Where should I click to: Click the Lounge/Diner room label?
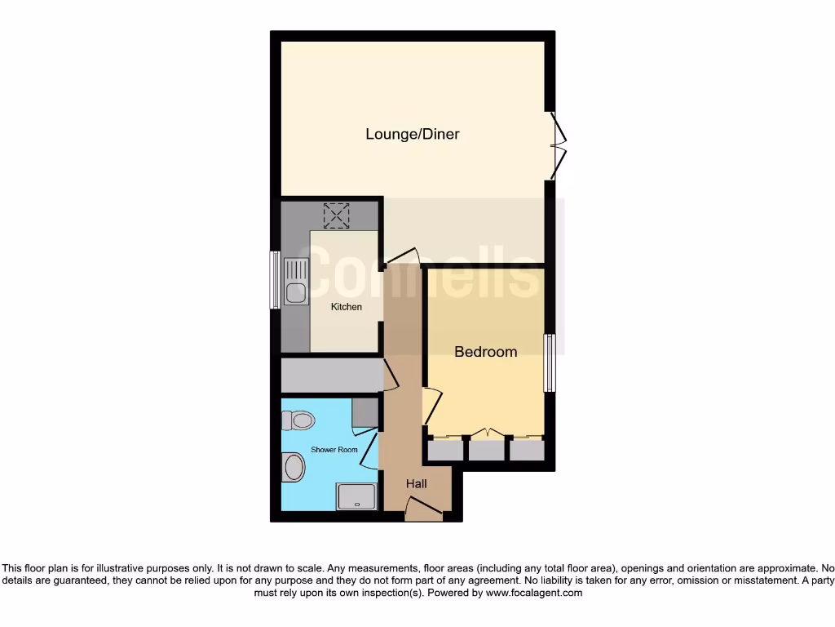click(412, 134)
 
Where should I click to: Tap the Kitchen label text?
click(346, 307)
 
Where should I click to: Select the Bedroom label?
click(485, 352)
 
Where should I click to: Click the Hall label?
click(417, 484)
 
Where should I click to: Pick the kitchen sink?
click(296, 281)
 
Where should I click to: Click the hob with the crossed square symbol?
click(336, 216)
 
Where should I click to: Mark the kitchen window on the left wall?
click(275, 280)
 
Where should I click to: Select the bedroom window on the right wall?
click(550, 362)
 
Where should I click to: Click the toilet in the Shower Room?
click(298, 420)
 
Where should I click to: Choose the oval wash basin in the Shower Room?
click(293, 468)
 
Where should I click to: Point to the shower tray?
click(357, 495)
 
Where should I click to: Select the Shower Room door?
click(369, 450)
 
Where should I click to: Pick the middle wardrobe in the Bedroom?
click(487, 449)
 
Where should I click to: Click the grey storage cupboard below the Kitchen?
click(330, 375)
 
